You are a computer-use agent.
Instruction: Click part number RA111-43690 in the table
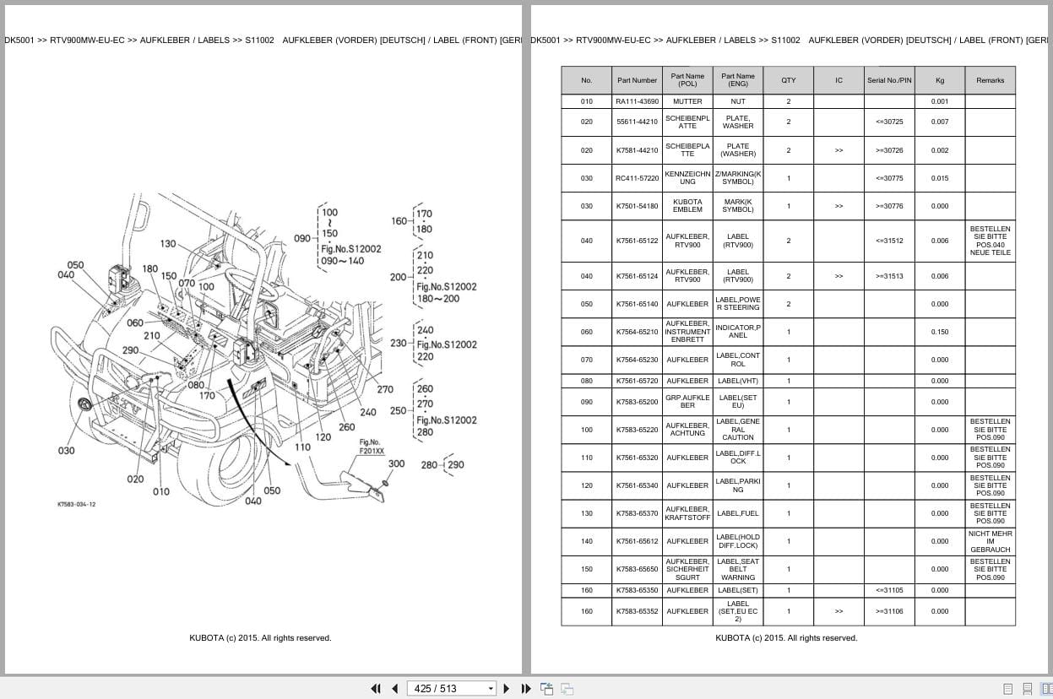637,101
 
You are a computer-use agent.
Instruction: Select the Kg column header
939,80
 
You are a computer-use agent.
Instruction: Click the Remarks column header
990,80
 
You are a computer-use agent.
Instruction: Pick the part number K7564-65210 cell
637,332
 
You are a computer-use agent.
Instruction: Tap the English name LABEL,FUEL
737,513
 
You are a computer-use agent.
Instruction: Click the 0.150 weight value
939,332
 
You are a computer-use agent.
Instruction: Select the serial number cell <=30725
888,122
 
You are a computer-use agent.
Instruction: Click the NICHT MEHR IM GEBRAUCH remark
990,541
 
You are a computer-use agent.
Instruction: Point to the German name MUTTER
687,101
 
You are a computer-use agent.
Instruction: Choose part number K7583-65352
637,611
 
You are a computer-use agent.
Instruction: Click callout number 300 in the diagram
396,463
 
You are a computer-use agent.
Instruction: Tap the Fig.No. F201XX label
371,447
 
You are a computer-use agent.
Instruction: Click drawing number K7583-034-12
76,504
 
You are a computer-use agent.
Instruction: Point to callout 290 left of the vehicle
130,350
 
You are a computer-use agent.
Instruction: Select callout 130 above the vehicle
167,244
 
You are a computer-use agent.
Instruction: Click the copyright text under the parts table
785,638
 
